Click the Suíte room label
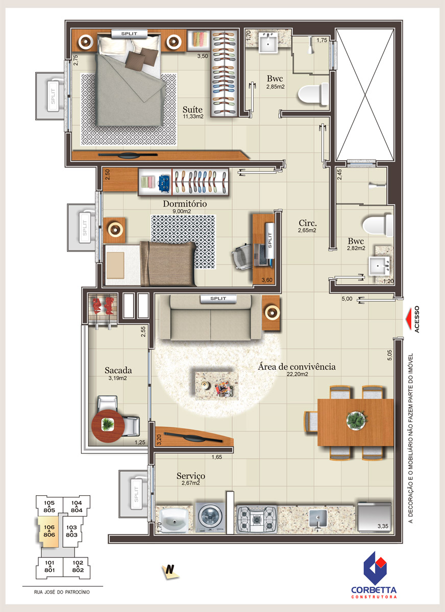[192, 110]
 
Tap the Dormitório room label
[185, 203]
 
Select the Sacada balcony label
[118, 370]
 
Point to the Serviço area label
[190, 476]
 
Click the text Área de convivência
[296, 366]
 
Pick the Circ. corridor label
[308, 223]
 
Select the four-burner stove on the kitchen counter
[256, 518]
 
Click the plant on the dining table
[356, 420]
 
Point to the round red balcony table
[108, 425]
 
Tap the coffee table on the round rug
[216, 385]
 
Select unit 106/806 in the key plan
[48, 531]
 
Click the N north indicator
[170, 571]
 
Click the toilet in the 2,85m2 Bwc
[313, 94]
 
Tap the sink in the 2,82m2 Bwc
[379, 265]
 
